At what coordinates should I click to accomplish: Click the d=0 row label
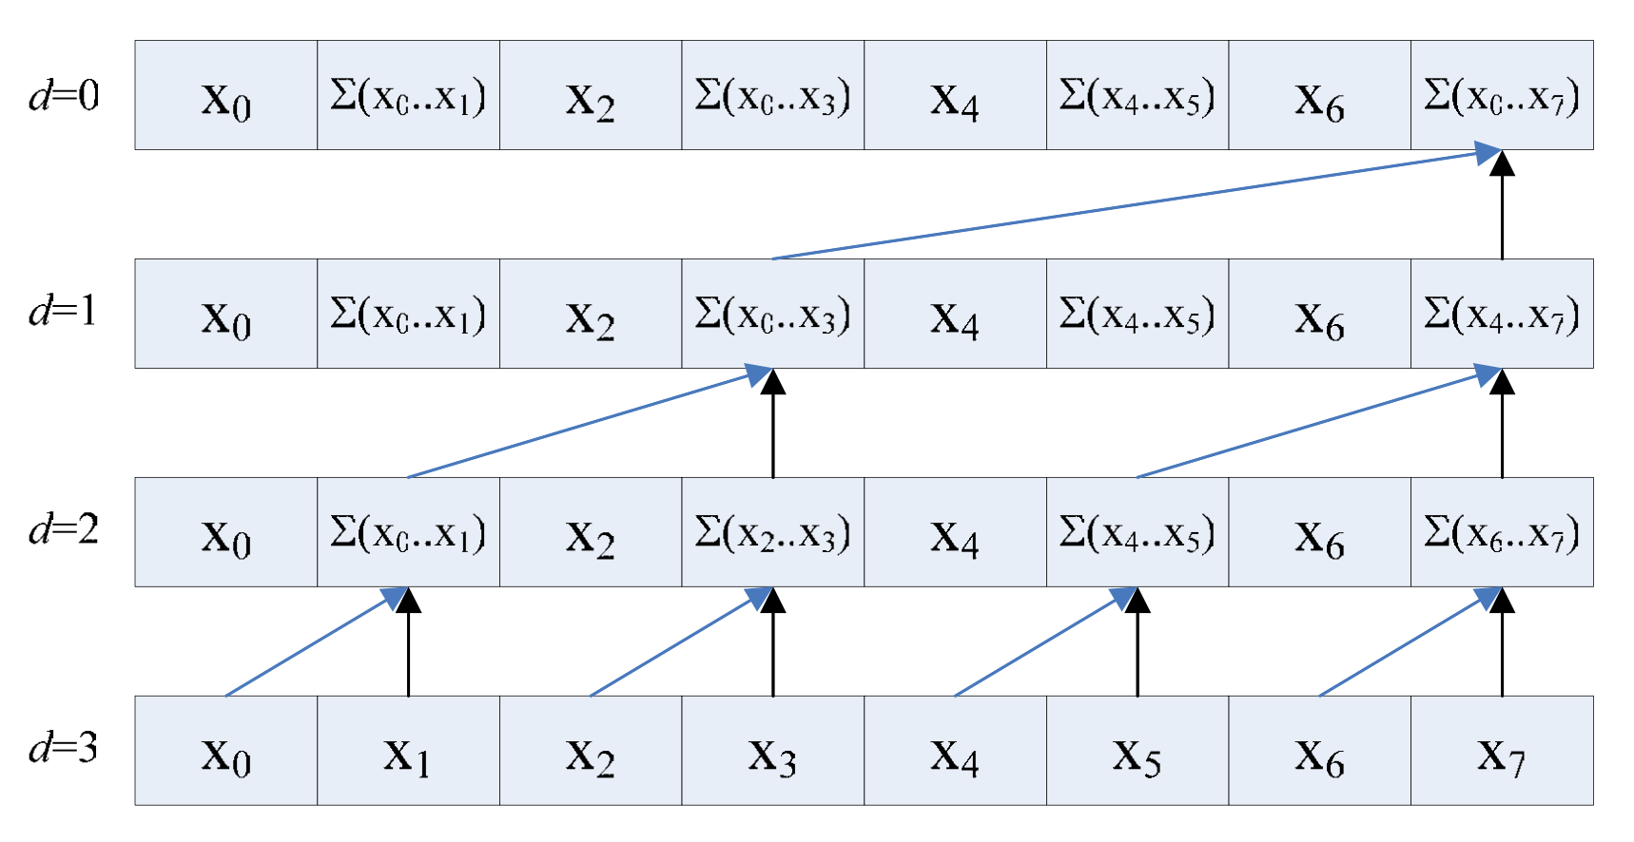click(64, 95)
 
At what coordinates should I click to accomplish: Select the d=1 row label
click(64, 312)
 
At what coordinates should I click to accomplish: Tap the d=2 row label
click(64, 529)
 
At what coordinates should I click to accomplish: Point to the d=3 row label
click(64, 748)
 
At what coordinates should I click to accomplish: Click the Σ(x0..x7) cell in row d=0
click(1502, 95)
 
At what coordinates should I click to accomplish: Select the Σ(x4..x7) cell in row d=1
click(1502, 314)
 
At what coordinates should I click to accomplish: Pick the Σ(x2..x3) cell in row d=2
click(772, 532)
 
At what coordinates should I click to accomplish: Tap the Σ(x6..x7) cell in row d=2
click(1502, 532)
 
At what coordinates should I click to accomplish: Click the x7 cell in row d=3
click(1502, 751)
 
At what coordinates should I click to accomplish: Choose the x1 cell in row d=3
click(408, 751)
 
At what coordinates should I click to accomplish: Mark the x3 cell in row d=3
click(772, 751)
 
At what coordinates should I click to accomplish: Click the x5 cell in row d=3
click(1138, 751)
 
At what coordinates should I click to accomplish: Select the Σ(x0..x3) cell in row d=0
click(772, 95)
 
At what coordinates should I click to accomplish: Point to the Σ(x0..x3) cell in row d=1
click(772, 314)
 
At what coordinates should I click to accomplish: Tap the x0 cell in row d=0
click(225, 95)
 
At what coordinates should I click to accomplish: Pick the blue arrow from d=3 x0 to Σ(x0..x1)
click(314, 643)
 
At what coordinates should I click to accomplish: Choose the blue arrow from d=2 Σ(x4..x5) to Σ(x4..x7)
click(1313, 425)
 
